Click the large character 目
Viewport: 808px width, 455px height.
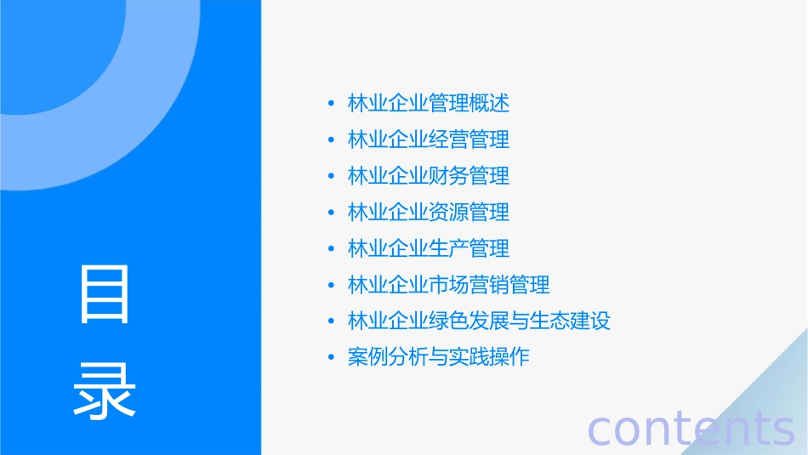point(105,294)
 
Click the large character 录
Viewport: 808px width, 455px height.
point(105,390)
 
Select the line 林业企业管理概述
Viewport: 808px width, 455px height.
point(429,104)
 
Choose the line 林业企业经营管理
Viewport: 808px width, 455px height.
point(429,139)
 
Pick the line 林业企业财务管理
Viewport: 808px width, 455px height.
point(429,176)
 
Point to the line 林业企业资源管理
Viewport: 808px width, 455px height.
point(429,212)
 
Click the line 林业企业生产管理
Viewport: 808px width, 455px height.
point(429,248)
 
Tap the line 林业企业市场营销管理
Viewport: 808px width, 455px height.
point(449,285)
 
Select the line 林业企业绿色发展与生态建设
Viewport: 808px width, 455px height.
point(479,321)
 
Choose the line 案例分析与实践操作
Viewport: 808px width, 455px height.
point(439,357)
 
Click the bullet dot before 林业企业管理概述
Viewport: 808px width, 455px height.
point(331,104)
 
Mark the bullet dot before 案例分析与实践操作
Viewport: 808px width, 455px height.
point(331,357)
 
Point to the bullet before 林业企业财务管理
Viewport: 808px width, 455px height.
point(331,176)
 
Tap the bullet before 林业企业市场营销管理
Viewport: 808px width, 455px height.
point(331,285)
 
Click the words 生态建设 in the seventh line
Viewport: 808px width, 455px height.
point(571,321)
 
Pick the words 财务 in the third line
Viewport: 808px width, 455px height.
point(449,176)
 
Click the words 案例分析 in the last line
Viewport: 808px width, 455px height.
point(388,357)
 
